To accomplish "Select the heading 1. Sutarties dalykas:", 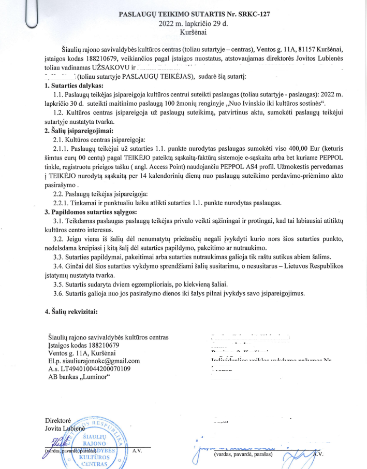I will (x=74, y=86).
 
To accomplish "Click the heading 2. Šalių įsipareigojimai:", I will (x=78, y=131).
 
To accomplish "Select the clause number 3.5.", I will (x=60, y=284).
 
